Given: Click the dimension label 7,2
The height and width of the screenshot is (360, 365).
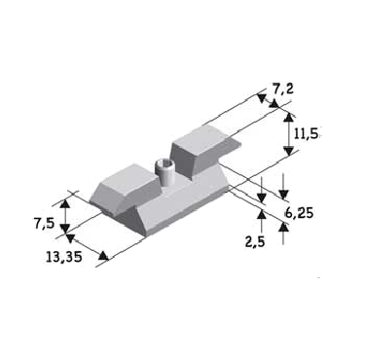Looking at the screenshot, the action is [282, 89].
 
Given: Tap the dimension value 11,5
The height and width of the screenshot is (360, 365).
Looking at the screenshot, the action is [306, 133].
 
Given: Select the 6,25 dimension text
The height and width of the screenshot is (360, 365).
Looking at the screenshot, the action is [299, 213].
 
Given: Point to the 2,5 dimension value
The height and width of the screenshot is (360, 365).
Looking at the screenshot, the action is [255, 241].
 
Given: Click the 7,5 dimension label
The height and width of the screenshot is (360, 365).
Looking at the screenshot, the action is [44, 224].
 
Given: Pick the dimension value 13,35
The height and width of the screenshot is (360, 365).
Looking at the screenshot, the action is [64, 257].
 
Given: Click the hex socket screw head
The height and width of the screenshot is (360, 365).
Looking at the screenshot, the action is [164, 165].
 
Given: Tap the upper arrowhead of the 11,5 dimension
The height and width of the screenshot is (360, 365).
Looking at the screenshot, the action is [288, 117].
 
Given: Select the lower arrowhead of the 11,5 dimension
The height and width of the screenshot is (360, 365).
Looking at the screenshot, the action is [288, 151].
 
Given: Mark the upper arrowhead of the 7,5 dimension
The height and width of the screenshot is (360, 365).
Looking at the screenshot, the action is [65, 204].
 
